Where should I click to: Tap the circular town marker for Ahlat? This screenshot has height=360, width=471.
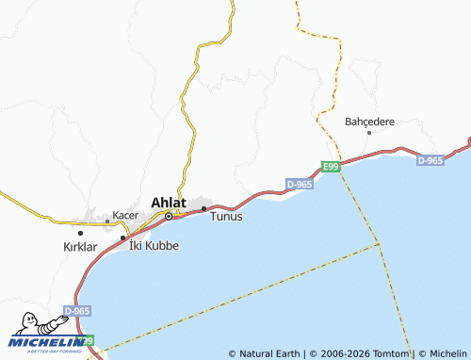(169, 216)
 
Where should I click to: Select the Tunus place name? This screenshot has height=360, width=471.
(226, 217)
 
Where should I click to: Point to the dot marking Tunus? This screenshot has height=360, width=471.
(203, 207)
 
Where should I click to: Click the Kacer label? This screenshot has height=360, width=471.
(125, 215)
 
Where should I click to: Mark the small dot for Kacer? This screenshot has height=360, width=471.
(107, 222)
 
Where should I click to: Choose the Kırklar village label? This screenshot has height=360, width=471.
(80, 246)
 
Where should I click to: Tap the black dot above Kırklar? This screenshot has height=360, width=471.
(80, 232)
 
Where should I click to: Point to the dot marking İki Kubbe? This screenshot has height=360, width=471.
(122, 237)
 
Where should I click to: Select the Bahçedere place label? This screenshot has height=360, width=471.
(369, 122)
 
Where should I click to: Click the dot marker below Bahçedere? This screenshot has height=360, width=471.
(368, 133)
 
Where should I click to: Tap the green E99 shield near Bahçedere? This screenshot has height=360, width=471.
(329, 167)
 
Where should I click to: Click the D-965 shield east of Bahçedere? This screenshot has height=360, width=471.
(430, 161)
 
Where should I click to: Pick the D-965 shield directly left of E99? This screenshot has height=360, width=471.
(298, 184)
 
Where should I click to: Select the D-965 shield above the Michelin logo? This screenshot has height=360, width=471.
(77, 310)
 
